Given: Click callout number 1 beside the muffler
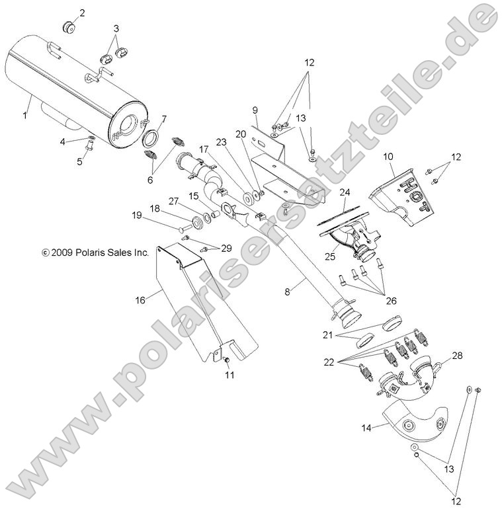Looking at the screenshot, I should [25, 116].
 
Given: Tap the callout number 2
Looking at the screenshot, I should [82, 13].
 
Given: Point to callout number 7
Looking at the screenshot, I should [164, 119].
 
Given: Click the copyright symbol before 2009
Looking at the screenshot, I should [45, 252].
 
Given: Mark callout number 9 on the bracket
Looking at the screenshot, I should [253, 108].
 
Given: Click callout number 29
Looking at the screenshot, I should [227, 248].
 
